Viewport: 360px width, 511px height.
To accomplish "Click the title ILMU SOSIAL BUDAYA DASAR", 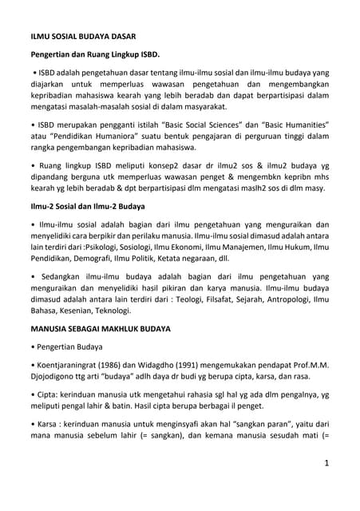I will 78,37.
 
